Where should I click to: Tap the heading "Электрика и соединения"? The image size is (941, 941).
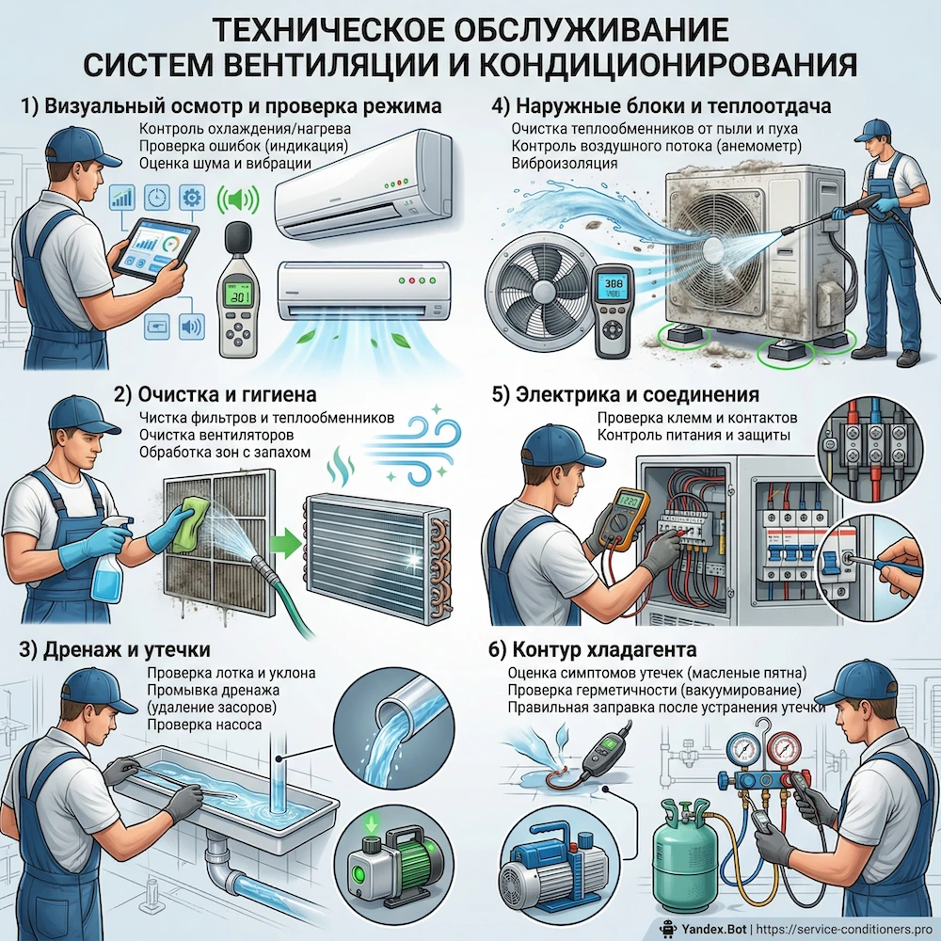click(x=625, y=394)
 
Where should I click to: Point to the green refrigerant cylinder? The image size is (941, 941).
click(x=683, y=852)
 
